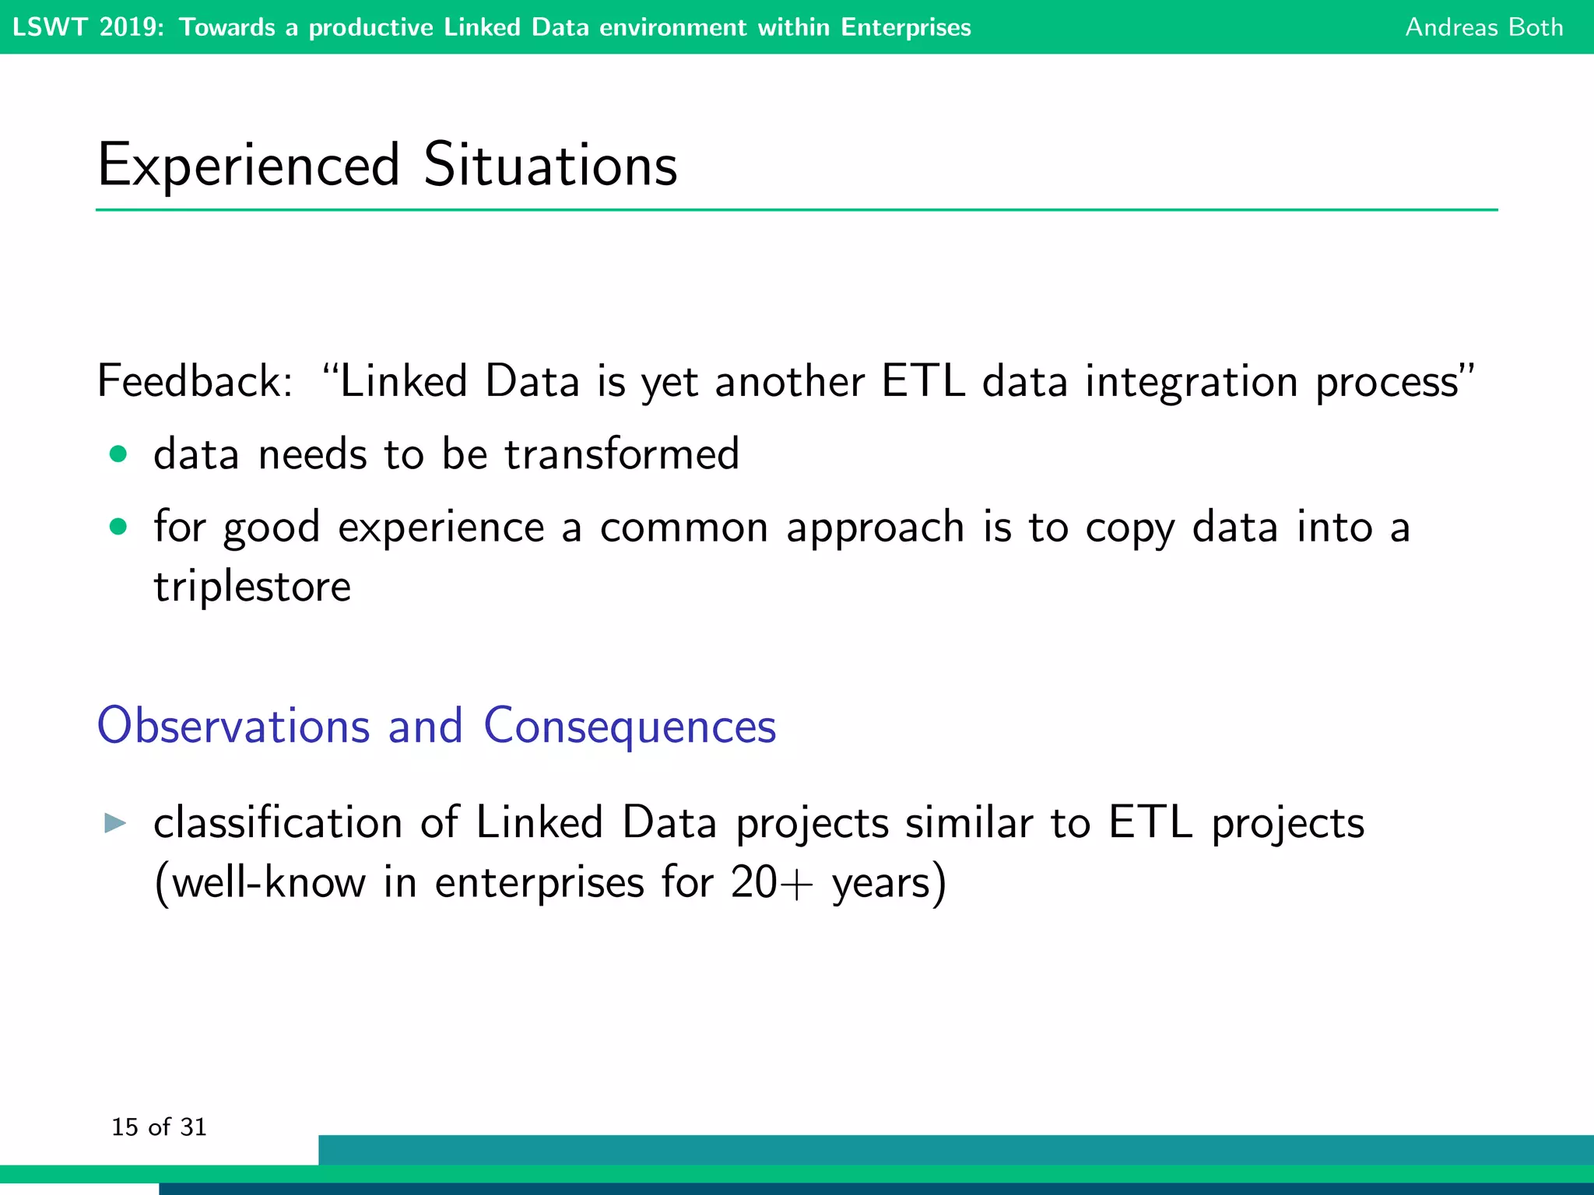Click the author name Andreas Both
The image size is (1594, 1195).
(x=1483, y=27)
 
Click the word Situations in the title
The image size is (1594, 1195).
(x=549, y=165)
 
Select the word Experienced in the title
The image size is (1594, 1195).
(x=249, y=165)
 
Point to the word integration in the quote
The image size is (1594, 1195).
(x=1191, y=383)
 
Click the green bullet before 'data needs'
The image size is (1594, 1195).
(x=118, y=454)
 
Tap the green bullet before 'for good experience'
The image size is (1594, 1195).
(x=118, y=527)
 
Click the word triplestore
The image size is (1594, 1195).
(x=252, y=587)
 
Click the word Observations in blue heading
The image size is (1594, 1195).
(x=233, y=726)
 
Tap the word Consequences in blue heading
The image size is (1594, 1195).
(x=630, y=726)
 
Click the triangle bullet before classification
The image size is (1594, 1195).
(x=115, y=823)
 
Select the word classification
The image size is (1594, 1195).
(x=278, y=823)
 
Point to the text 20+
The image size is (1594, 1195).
(x=771, y=883)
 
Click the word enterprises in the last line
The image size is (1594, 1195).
(x=539, y=883)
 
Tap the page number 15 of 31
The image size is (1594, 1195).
(x=159, y=1127)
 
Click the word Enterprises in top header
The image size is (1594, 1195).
(x=906, y=27)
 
